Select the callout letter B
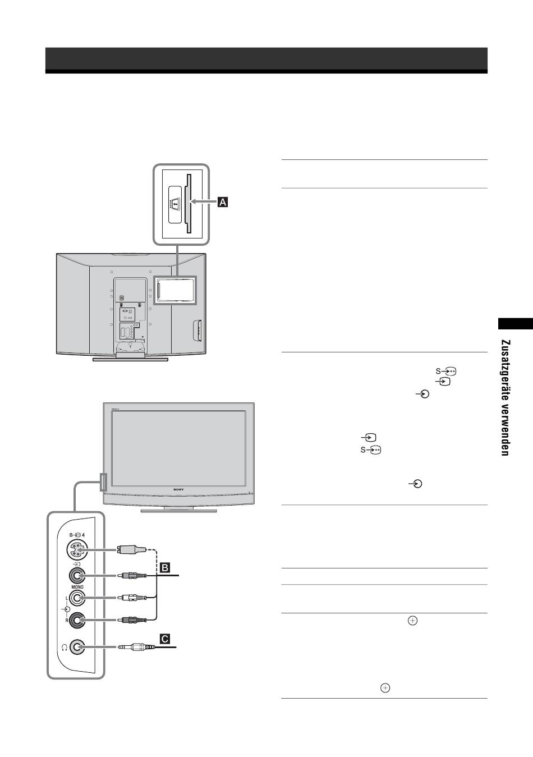[x=166, y=567]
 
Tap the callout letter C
[x=165, y=638]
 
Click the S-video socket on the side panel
[x=76, y=550]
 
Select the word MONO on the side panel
[x=77, y=587]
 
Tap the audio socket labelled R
[x=77, y=620]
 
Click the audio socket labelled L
[x=77, y=599]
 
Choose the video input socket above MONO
[x=77, y=576]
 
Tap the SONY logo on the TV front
[x=178, y=490]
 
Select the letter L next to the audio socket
[x=66, y=599]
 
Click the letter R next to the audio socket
[x=66, y=620]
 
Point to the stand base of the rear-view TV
[x=130, y=359]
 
